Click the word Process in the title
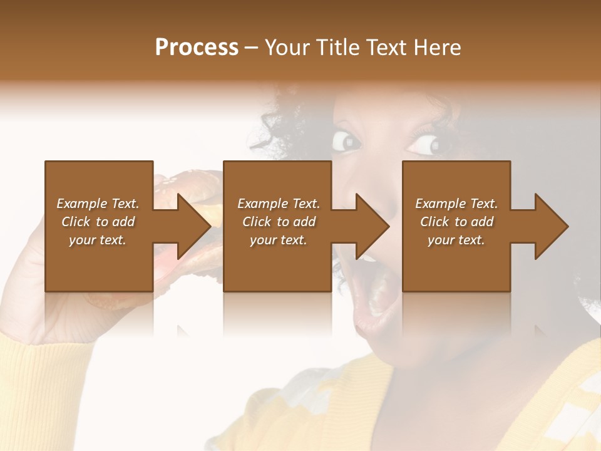[197, 48]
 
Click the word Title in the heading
[336, 48]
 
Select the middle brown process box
[277, 263]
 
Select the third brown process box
[456, 263]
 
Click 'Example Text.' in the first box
[98, 204]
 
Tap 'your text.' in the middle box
[278, 240]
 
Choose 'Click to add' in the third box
[456, 222]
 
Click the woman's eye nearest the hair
[346, 141]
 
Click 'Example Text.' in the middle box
[279, 204]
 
